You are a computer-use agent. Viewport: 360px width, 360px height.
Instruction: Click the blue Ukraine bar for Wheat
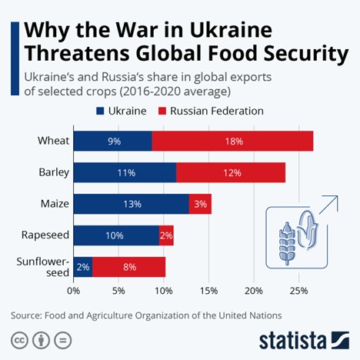(112, 141)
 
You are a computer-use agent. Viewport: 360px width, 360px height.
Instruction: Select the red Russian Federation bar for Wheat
(232, 141)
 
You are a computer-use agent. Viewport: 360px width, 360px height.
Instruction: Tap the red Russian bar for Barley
(231, 172)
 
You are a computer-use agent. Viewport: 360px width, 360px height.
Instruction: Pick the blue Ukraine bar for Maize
(132, 204)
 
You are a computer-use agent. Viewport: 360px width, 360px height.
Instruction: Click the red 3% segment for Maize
(200, 204)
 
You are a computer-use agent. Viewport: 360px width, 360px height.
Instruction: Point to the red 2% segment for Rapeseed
(166, 235)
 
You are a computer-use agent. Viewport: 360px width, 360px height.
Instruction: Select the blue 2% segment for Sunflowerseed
(83, 267)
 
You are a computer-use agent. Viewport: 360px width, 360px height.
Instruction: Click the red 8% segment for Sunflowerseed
(128, 267)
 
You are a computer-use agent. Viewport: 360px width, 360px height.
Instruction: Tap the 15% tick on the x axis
(208, 291)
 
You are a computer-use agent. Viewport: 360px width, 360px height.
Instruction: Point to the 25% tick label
(298, 291)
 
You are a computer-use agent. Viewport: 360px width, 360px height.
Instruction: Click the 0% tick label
(74, 291)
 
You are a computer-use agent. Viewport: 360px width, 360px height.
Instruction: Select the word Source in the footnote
(28, 315)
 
